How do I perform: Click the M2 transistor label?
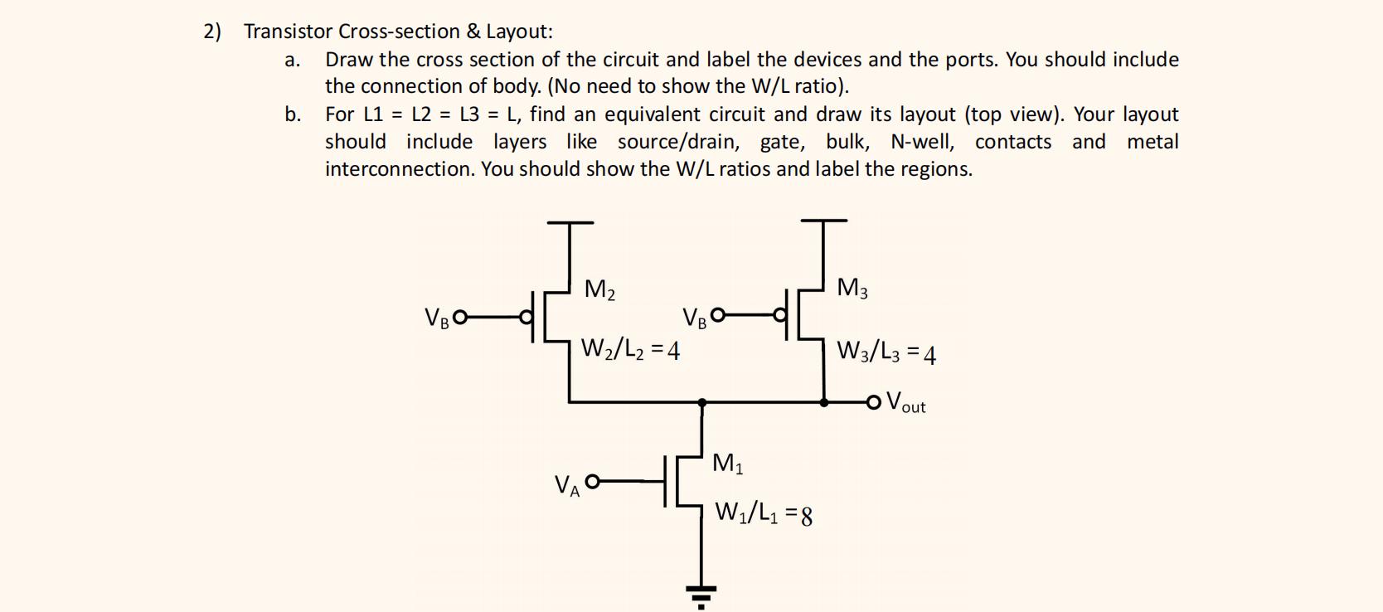pos(599,290)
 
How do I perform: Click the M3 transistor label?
pos(852,289)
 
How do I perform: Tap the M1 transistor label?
pos(727,464)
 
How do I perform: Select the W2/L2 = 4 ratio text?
pos(630,350)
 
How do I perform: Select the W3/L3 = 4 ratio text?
pos(886,352)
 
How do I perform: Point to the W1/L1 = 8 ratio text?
pos(764,514)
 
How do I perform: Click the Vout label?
pos(905,403)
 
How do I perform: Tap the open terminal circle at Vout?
pos(873,403)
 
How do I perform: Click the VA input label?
pos(566,485)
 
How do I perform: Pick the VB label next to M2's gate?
pos(436,318)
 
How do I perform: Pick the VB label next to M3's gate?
pos(694,318)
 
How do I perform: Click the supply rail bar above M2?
pos(570,222)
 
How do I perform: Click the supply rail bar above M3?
pos(824,221)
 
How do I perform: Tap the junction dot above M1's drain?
pos(702,403)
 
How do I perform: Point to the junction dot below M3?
pos(824,403)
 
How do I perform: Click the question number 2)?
pos(212,32)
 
